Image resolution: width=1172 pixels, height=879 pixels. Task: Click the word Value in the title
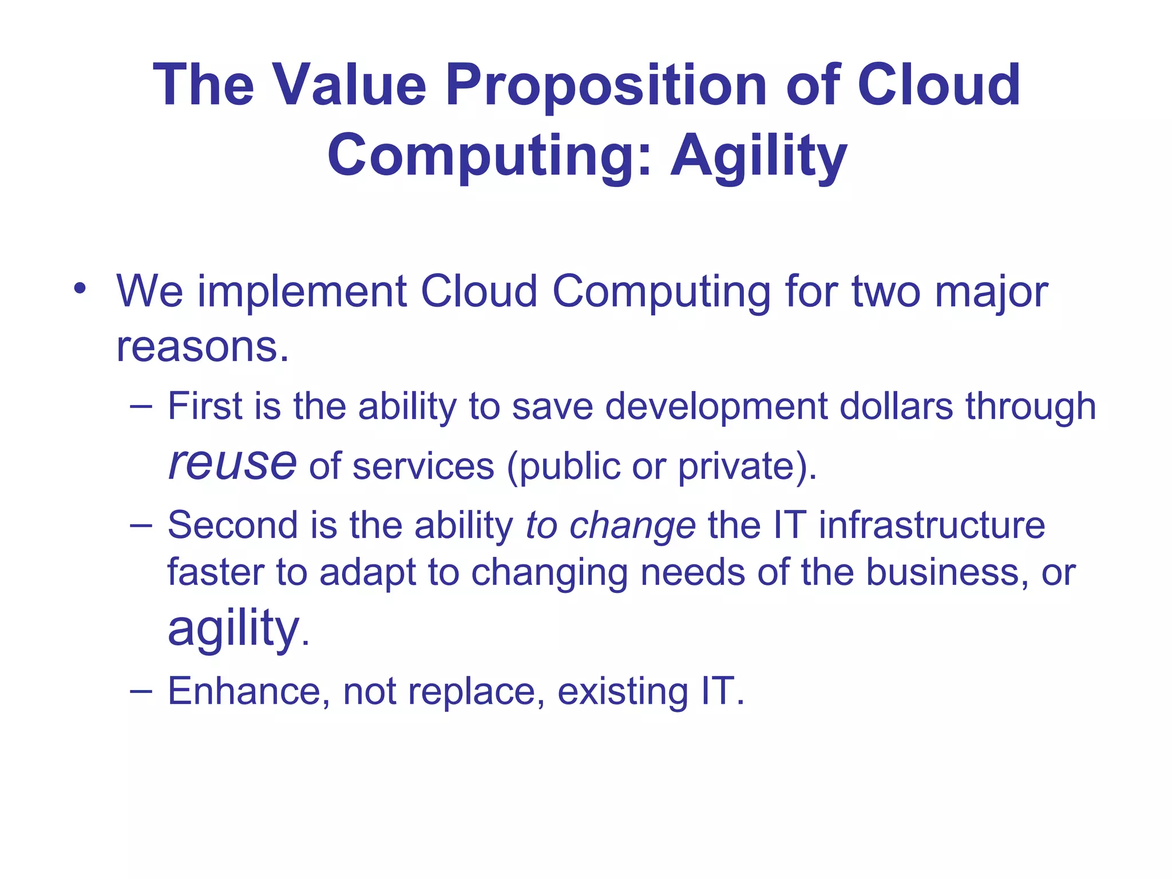350,85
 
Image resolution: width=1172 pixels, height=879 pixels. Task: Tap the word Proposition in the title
606,85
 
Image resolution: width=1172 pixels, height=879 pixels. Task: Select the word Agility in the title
758,156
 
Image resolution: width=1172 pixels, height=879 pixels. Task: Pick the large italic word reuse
232,463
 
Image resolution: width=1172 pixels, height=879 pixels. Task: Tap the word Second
232,525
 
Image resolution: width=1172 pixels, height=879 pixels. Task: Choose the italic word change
632,526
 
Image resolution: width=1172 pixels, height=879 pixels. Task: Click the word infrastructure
931,525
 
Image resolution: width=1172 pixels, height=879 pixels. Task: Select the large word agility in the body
233,628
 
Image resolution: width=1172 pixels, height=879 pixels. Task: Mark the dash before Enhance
141,691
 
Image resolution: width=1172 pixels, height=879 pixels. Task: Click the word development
715,406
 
